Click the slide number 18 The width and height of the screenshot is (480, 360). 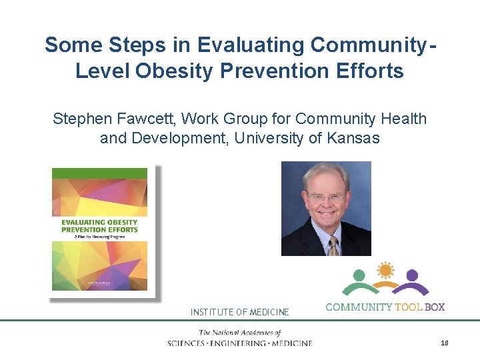[445, 343]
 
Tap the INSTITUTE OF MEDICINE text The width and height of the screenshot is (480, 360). [240, 312]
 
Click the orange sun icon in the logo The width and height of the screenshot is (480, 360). [385, 271]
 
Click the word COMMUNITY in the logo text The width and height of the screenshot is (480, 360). [358, 307]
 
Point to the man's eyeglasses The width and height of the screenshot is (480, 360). [327, 197]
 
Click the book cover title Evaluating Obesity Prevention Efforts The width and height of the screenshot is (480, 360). [99, 226]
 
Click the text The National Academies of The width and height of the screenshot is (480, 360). [239, 333]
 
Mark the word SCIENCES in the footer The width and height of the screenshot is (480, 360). [189, 343]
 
